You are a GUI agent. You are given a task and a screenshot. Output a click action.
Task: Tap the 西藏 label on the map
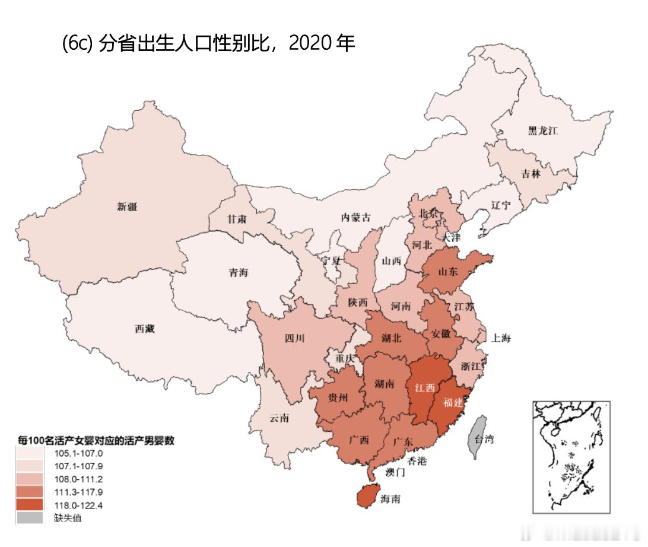click(144, 329)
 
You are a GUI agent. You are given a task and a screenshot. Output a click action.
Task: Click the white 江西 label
click(424, 387)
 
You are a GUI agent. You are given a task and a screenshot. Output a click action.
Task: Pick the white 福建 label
click(453, 402)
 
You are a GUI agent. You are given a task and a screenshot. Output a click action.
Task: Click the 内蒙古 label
click(355, 217)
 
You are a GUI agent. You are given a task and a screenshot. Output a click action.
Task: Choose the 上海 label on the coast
click(500, 338)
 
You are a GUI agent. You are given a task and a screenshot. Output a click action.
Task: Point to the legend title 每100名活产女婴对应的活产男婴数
click(95, 440)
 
